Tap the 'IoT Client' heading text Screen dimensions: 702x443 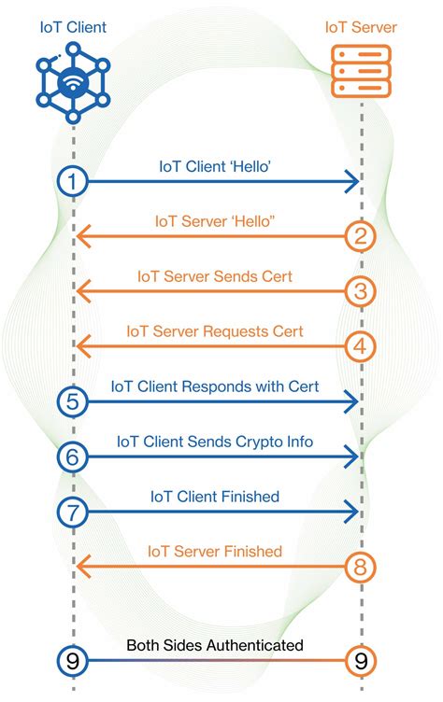tap(72, 26)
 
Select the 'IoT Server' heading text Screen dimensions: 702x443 tap(361, 27)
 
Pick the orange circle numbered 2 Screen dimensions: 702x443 tap(361, 236)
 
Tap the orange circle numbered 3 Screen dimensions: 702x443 tap(361, 291)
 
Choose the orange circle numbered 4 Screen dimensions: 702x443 tap(361, 346)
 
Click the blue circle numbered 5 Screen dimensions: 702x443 tap(72, 401)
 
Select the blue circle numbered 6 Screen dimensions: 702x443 tap(72, 456)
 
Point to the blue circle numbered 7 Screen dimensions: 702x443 tap(72, 512)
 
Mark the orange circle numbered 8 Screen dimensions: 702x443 tap(361, 566)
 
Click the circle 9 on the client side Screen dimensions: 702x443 tap(72, 661)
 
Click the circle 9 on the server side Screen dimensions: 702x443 tap(361, 661)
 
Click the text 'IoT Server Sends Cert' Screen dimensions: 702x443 tap(215, 276)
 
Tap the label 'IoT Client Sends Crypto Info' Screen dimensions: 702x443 tap(215, 441)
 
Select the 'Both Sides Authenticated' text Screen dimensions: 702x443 tap(215, 645)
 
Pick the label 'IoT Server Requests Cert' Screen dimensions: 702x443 tap(215, 331)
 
